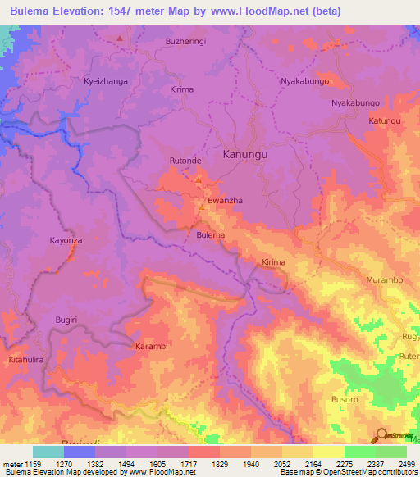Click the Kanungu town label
(x=247, y=153)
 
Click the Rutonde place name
(x=185, y=161)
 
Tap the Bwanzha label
(x=222, y=200)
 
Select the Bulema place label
(x=210, y=235)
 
